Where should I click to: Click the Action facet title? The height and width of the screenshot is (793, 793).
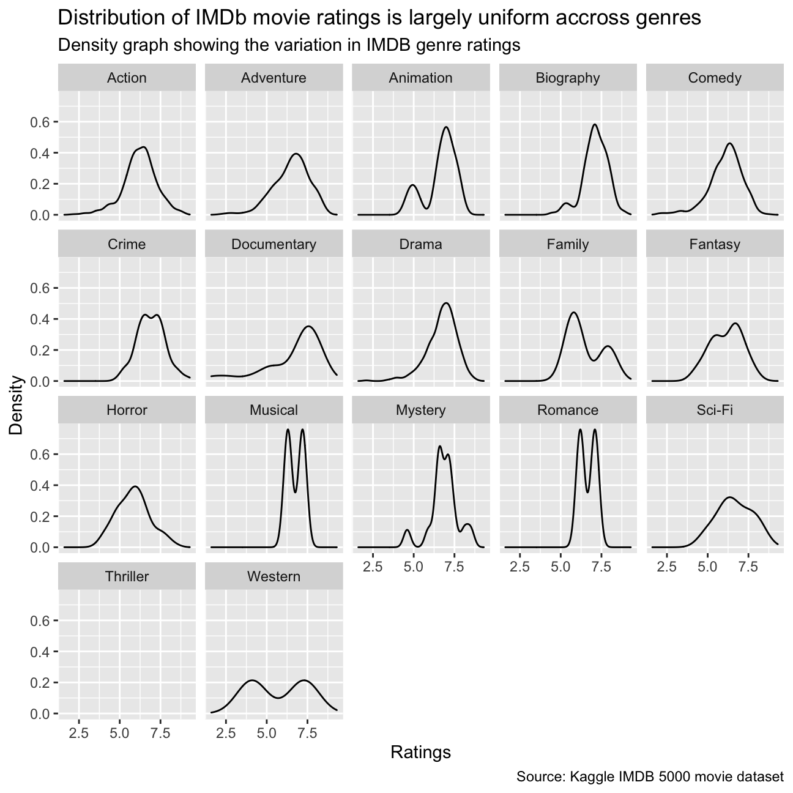coord(127,78)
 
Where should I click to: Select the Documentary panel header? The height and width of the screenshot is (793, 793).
coord(274,244)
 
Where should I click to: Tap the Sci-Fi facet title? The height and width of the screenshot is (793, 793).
coord(715,410)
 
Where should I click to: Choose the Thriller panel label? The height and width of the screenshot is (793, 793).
coord(127,576)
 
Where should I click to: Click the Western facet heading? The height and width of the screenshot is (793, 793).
coord(274,576)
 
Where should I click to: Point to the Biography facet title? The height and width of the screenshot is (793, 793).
coord(568,78)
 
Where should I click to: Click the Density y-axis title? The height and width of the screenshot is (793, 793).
coord(16,405)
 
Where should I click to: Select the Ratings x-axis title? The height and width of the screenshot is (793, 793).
coord(420,751)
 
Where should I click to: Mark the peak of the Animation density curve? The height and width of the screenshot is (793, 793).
coord(446,127)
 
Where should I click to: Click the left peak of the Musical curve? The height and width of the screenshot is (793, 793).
coord(288,429)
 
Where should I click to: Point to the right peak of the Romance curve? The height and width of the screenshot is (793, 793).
coord(595,429)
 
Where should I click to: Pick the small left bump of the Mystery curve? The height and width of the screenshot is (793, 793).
coord(407,530)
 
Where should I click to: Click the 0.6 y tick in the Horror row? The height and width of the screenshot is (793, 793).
coord(40,454)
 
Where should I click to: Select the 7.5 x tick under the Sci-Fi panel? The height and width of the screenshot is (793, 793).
coord(748,567)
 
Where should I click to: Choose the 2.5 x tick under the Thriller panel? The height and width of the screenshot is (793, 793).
coord(79,733)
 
